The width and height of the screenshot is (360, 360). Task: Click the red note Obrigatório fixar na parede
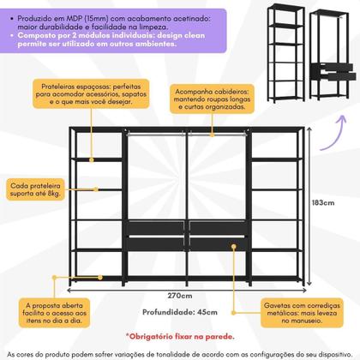(x=181, y=337)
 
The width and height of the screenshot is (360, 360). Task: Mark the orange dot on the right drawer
(x=232, y=245)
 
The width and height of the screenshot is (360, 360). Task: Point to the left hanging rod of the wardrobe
(x=155, y=135)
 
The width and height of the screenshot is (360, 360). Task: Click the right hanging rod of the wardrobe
(x=216, y=135)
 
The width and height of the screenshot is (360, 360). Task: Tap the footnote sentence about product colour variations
(x=180, y=352)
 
